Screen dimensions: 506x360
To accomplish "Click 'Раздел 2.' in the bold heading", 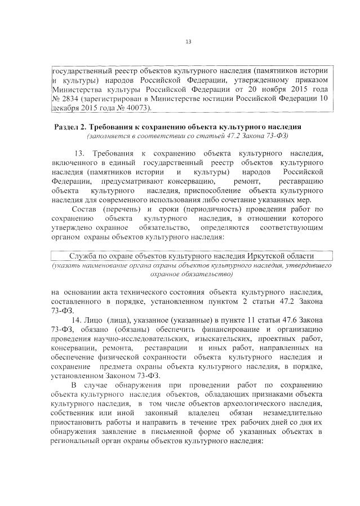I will pos(70,125).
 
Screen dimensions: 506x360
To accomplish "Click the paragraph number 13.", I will pos(79,153).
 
